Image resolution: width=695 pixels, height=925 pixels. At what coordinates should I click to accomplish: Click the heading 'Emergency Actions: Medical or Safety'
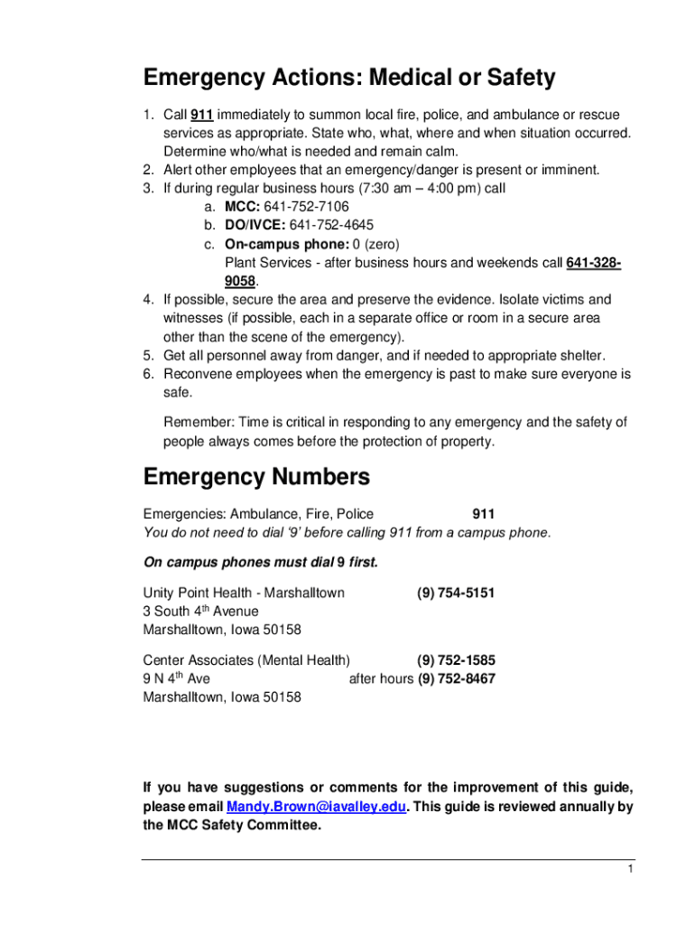coord(349,79)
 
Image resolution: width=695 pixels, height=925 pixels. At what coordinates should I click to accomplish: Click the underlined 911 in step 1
coord(201,116)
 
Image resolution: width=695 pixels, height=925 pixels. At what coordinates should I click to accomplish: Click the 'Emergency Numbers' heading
coord(256,476)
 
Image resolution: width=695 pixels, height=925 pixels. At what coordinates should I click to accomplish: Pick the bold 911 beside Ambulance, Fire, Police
coord(483,514)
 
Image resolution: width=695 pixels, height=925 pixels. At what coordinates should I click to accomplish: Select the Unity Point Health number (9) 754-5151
coord(456,593)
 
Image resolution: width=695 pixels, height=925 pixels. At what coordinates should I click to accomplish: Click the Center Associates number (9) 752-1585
coord(456,660)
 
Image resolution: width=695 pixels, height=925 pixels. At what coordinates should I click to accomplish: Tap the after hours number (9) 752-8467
coord(456,678)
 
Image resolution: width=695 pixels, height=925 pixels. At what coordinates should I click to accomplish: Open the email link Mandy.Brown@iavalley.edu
coord(316,807)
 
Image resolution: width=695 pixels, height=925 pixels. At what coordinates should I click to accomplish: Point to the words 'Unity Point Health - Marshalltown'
coord(244,593)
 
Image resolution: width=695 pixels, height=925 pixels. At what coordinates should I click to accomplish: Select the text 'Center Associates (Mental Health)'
coord(246,660)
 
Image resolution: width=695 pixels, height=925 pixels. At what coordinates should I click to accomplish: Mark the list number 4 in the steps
coord(148,299)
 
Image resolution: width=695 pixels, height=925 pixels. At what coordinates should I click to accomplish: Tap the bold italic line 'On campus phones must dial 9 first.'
coord(261,563)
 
